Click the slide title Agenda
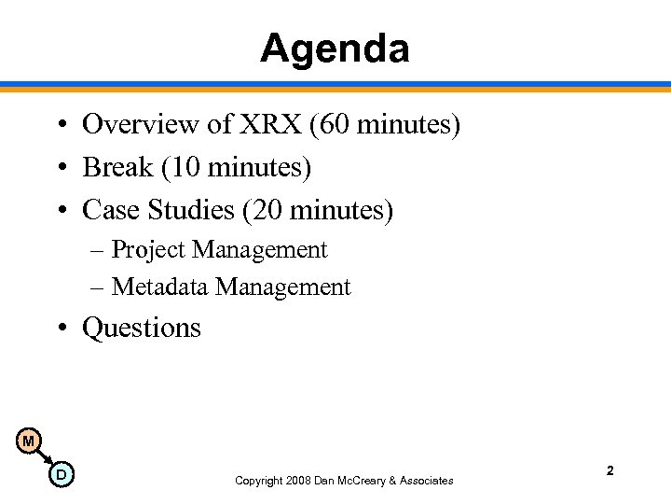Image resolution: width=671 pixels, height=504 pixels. pos(335,48)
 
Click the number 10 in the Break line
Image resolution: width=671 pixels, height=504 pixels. pos(182,167)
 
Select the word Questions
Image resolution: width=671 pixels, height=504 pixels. pos(142,329)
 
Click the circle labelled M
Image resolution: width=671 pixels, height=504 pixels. pos(29,441)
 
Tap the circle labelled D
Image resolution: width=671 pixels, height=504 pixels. pos(61,475)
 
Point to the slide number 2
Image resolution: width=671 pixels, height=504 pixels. pos(609,471)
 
